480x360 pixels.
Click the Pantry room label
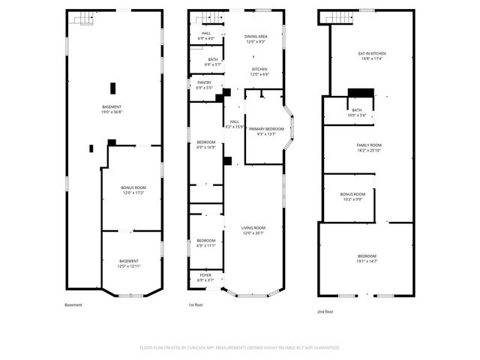(204, 83)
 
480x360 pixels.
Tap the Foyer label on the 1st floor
(205, 275)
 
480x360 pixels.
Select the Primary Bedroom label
(266, 129)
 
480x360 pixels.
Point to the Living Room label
(253, 227)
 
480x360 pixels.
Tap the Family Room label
(369, 145)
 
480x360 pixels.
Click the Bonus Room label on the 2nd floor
(352, 194)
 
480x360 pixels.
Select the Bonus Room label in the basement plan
(133, 187)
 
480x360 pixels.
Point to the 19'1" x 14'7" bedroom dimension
(367, 262)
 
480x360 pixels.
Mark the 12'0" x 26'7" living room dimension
(253, 233)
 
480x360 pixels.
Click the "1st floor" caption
(196, 305)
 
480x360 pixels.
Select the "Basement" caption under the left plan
(73, 305)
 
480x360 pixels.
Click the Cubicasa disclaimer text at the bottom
(240, 348)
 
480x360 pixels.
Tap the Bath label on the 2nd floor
(355, 110)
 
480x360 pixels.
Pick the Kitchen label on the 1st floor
(259, 69)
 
